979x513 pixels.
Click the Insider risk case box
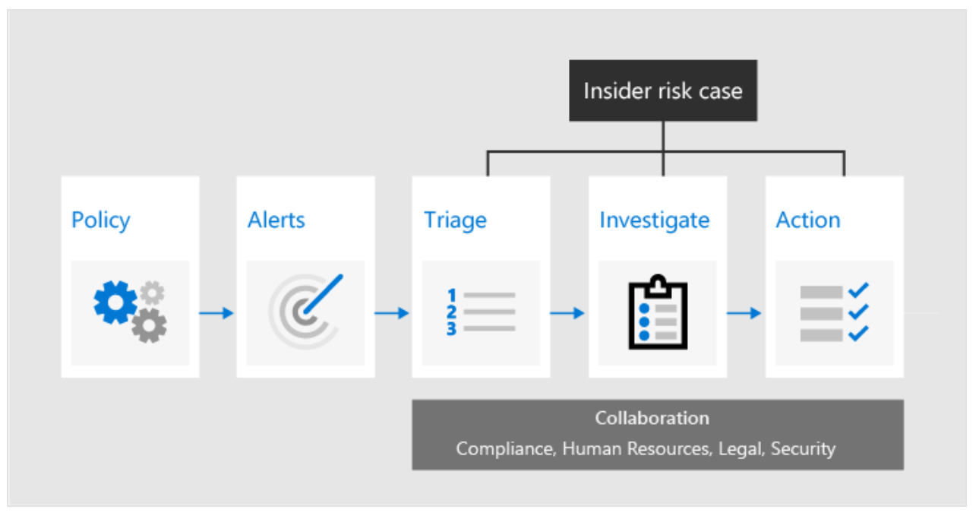point(663,90)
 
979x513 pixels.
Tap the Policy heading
point(100,220)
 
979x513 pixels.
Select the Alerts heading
point(276,220)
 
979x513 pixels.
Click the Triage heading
point(455,220)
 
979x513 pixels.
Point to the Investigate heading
point(654,220)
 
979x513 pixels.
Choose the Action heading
point(807,220)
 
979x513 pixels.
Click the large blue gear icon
point(115,302)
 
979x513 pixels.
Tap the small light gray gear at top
point(153,293)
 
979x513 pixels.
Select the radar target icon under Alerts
point(305,312)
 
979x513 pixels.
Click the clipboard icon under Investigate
point(658,312)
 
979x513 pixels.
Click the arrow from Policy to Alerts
point(216,313)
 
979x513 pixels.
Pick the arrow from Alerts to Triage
point(392,313)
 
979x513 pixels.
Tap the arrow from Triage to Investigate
point(567,313)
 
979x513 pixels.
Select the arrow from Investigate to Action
point(744,313)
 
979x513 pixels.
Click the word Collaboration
point(652,418)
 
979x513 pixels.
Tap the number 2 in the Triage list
point(451,312)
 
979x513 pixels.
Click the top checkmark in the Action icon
point(858,290)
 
